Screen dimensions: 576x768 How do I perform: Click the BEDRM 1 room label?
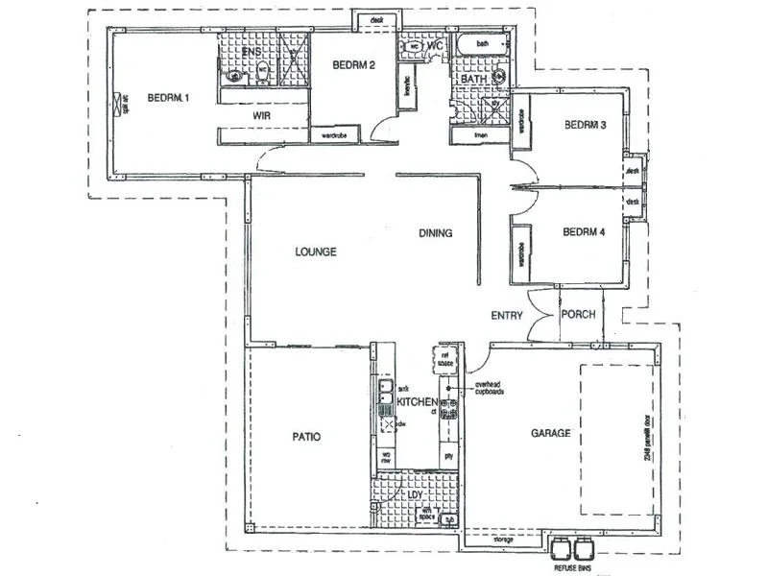(168, 97)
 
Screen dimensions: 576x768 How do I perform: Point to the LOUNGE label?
(315, 252)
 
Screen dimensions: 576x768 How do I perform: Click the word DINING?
(435, 233)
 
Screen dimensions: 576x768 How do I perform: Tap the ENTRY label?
(507, 315)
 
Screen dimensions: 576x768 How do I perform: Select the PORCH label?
(578, 315)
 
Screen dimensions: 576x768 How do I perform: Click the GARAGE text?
(550, 433)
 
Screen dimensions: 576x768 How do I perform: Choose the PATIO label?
(306, 437)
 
